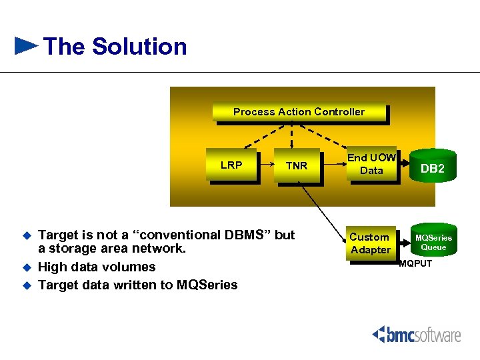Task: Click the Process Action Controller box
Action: (x=299, y=112)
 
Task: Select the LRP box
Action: (x=231, y=165)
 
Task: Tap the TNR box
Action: (x=297, y=166)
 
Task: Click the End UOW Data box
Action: (x=371, y=164)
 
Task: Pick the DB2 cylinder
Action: (x=432, y=169)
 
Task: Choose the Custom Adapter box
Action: (x=370, y=244)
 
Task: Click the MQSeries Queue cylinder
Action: (x=433, y=242)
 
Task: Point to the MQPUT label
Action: (x=415, y=263)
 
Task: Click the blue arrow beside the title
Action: (x=26, y=46)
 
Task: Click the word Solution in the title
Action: (x=139, y=47)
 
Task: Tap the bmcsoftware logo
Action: (x=416, y=334)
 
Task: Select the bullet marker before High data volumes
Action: (x=27, y=267)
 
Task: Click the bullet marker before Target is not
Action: (x=27, y=235)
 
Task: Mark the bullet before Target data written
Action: (x=27, y=285)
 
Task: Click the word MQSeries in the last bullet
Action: (x=207, y=285)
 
